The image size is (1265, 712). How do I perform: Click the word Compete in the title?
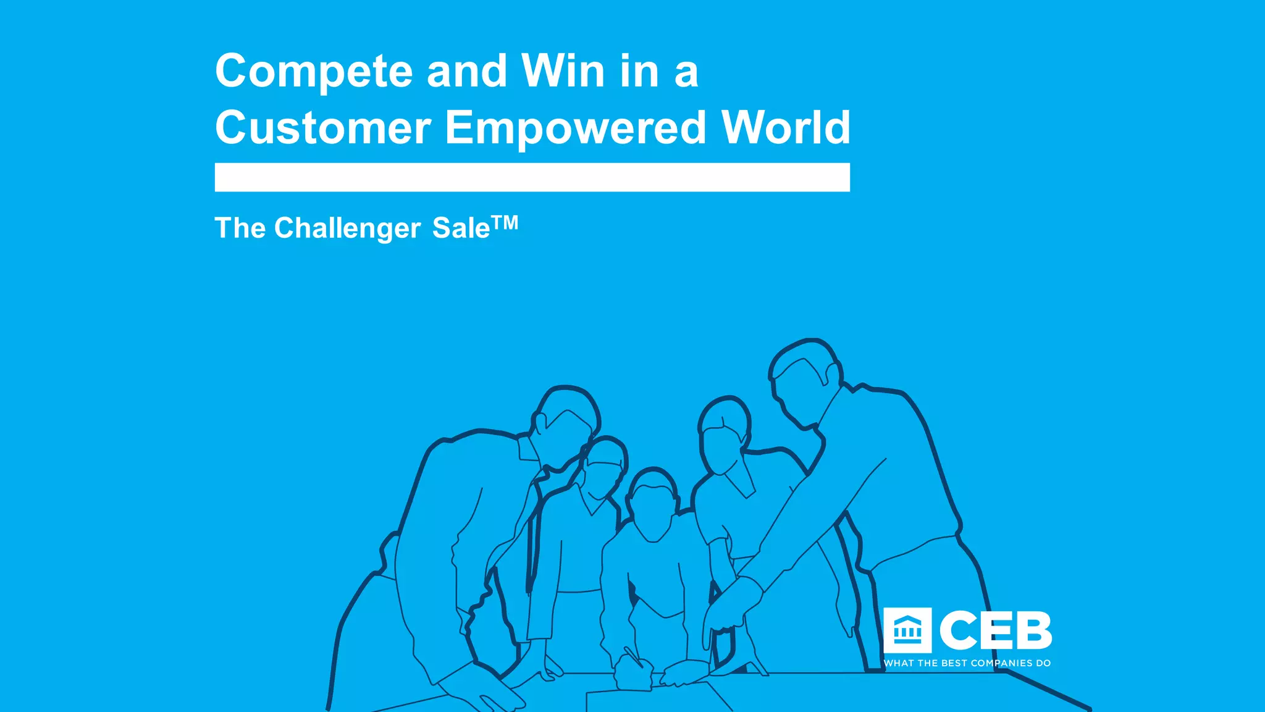(x=314, y=72)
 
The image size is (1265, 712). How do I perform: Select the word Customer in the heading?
(x=322, y=127)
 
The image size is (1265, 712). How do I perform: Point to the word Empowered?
(x=575, y=129)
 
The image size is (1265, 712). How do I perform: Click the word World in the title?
(x=786, y=127)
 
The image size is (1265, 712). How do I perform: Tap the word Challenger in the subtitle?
(x=347, y=229)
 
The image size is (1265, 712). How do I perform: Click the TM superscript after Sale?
(x=505, y=222)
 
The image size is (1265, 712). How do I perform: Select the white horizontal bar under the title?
(x=532, y=177)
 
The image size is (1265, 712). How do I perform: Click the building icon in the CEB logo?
(x=907, y=630)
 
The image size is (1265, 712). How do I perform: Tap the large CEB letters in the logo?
(x=995, y=630)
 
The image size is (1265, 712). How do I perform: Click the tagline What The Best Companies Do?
(x=967, y=663)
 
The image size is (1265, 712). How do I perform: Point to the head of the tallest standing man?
(x=803, y=383)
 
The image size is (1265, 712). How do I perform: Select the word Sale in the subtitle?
(x=460, y=228)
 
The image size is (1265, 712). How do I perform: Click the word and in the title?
(x=466, y=72)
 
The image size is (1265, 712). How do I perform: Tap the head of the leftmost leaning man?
(x=565, y=426)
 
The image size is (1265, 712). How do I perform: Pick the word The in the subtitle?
(x=240, y=228)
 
